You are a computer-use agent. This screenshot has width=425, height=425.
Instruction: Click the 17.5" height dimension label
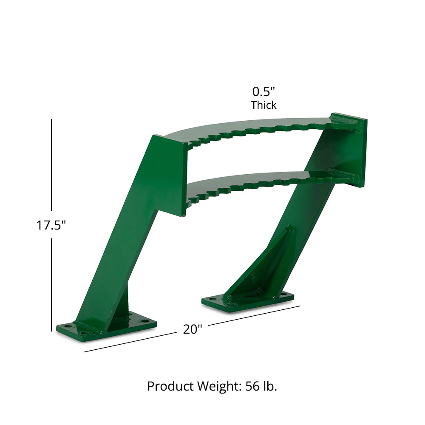tap(51, 225)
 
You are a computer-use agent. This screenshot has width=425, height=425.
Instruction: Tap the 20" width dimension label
tap(193, 329)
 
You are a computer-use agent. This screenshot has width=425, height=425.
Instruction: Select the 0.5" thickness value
tap(264, 91)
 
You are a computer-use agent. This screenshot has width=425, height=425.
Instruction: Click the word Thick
tap(263, 105)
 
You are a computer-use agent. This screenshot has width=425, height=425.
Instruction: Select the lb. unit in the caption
tap(269, 386)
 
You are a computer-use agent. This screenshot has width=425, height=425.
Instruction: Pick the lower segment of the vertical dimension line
tap(51, 285)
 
